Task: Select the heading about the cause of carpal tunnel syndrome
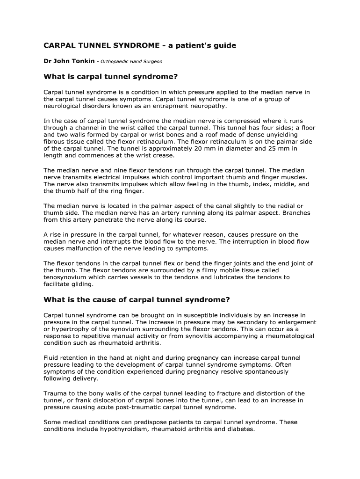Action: pos(137,299)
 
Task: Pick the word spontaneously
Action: pos(259,372)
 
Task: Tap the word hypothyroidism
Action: pos(121,429)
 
